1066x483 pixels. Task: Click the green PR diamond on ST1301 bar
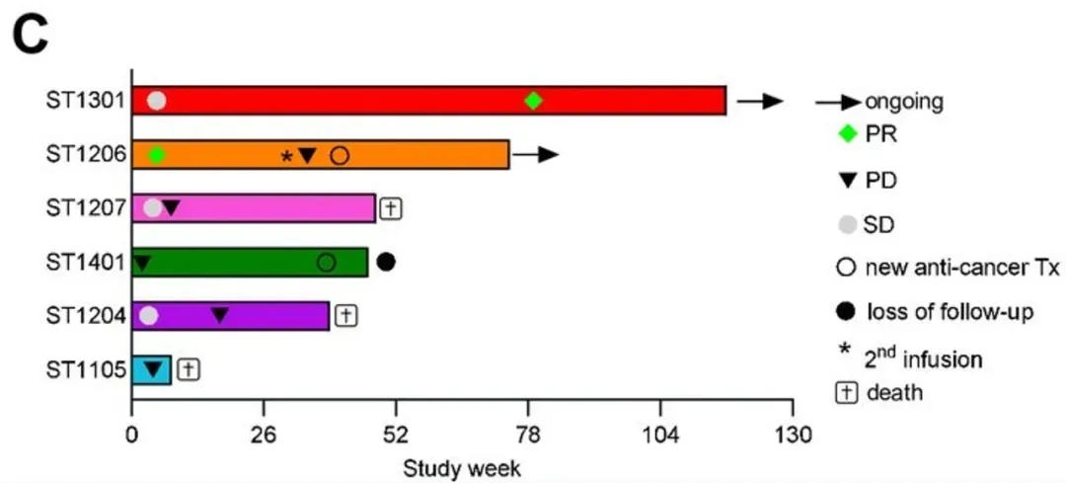point(534,101)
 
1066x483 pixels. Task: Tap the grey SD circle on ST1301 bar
point(157,101)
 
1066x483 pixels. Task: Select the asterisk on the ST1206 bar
point(286,157)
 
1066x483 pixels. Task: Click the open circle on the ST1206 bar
point(340,155)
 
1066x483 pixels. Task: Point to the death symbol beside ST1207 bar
point(391,208)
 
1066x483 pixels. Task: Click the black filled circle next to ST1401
point(386,262)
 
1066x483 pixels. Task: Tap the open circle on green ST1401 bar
point(326,262)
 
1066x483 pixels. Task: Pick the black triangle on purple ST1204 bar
point(220,315)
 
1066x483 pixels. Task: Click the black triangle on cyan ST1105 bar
point(153,369)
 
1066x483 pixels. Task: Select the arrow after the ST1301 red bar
point(760,101)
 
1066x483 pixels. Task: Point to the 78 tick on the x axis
point(529,436)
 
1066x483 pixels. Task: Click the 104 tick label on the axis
point(660,436)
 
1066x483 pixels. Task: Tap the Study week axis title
point(461,465)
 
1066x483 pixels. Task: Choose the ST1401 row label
point(87,262)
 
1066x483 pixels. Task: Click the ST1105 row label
point(87,369)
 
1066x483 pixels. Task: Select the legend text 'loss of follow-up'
point(950,313)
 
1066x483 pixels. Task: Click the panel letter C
point(31,36)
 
